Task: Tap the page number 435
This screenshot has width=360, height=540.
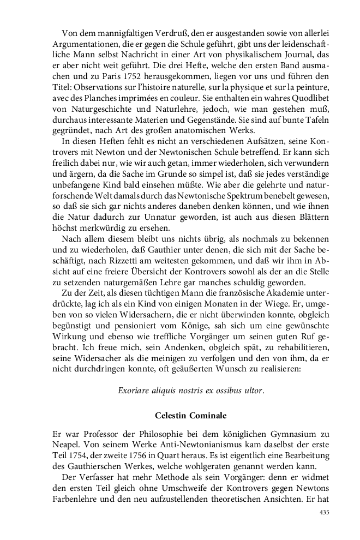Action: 324,513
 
